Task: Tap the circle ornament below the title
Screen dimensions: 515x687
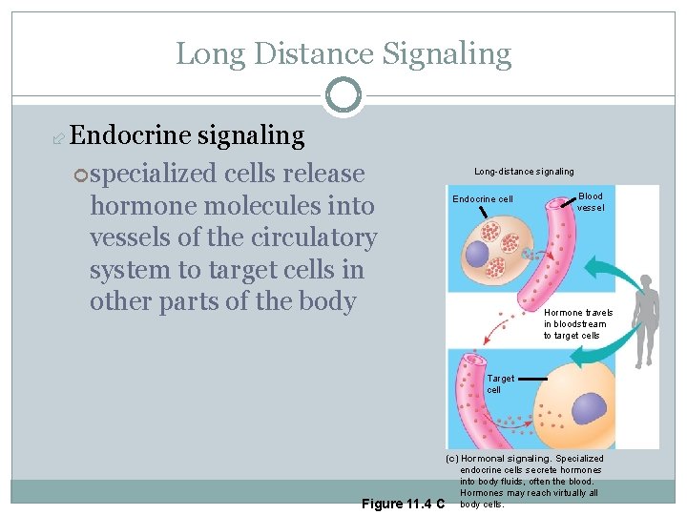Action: (x=343, y=96)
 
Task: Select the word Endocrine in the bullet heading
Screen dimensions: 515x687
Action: (x=131, y=136)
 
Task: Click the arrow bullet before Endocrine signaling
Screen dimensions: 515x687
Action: (x=58, y=138)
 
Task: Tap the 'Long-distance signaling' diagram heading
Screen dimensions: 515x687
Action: (x=524, y=172)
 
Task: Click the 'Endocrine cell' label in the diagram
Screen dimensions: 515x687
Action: (x=482, y=199)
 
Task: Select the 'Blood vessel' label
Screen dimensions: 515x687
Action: (x=591, y=201)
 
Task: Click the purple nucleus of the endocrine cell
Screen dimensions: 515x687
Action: (x=476, y=254)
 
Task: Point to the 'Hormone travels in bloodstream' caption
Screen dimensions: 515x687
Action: (x=577, y=324)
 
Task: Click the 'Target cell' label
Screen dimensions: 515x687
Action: (x=500, y=383)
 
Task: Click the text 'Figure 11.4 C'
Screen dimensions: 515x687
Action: (x=403, y=503)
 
